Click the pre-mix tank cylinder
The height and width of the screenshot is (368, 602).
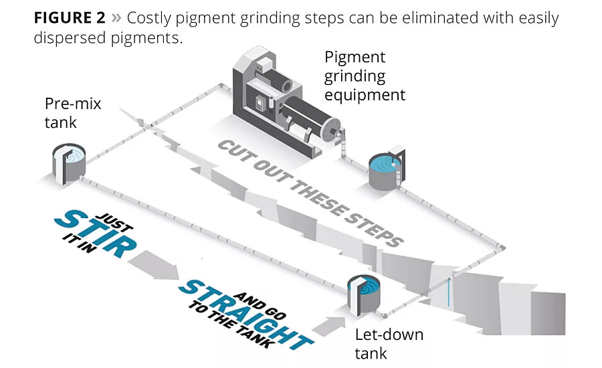click(69, 161)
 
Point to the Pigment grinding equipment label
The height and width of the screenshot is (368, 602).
click(365, 76)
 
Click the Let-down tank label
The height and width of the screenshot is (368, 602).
click(389, 343)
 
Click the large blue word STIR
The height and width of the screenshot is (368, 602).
click(96, 234)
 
